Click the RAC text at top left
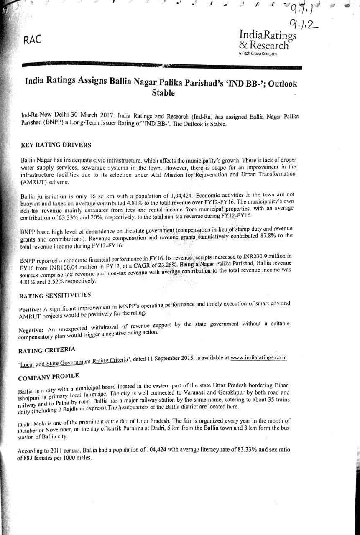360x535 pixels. click(33, 40)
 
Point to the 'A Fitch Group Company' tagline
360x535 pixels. click(258, 53)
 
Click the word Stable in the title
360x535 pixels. click(163, 93)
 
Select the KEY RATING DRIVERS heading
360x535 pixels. click(56, 145)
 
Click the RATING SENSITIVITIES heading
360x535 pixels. click(55, 296)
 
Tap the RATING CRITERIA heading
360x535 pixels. click(47, 349)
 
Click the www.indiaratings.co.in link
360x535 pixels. click(258, 358)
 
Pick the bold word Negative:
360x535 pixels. click(32, 330)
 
